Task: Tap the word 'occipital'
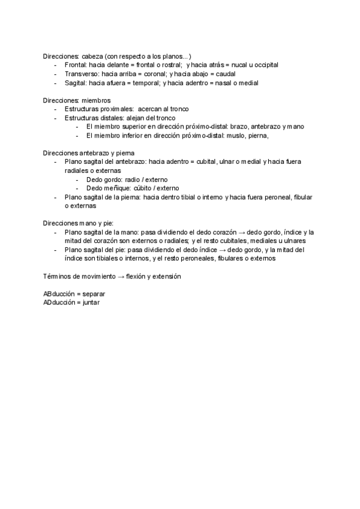263,64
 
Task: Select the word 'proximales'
116,109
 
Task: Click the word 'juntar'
92,303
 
